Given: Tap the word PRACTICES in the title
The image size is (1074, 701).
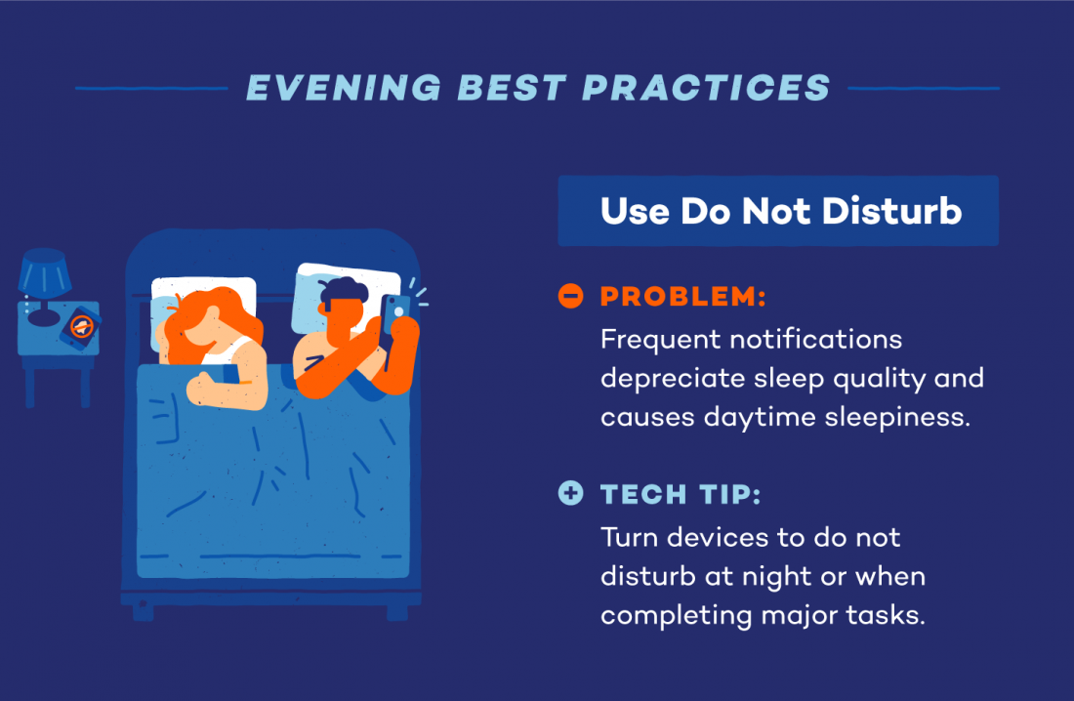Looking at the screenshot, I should click(x=707, y=88).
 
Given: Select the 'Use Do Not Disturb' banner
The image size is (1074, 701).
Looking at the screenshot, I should click(x=778, y=211).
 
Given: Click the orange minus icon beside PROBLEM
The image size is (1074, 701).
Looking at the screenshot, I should click(x=570, y=296).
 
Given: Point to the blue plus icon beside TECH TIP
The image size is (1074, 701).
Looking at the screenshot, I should click(x=570, y=493).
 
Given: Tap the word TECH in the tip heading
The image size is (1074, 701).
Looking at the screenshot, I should click(x=640, y=494).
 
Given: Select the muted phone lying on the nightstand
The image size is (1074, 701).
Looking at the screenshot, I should click(x=80, y=326).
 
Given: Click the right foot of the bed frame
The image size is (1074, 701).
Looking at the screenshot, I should click(x=396, y=611).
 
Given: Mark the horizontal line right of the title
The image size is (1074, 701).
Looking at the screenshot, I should click(x=924, y=88).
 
